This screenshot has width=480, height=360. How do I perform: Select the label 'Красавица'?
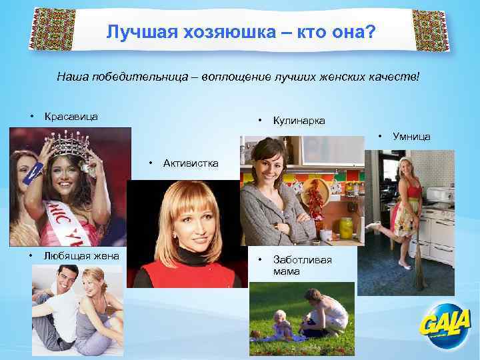[x=71, y=117]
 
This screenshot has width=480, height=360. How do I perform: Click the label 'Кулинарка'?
[x=299, y=121]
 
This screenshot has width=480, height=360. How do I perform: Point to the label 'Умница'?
[x=411, y=137]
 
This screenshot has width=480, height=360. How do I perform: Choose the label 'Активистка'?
[x=190, y=164]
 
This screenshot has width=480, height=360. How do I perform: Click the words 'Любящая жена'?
[x=81, y=256]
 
